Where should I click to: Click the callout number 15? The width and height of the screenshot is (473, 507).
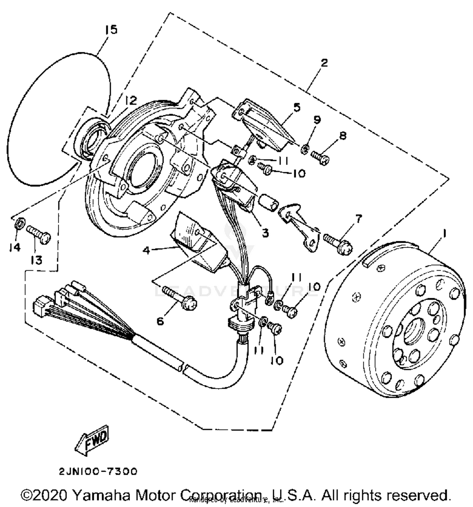pyautogui.click(x=111, y=30)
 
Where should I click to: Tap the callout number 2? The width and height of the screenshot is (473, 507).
pyautogui.click(x=324, y=62)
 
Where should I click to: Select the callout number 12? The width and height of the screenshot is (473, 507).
pyautogui.click(x=131, y=100)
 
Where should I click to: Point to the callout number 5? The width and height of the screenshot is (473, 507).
pyautogui.click(x=297, y=107)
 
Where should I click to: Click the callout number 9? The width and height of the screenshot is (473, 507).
pyautogui.click(x=317, y=120)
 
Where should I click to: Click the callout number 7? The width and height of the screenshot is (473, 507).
pyautogui.click(x=359, y=218)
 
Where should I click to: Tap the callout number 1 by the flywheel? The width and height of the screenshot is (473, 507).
pyautogui.click(x=445, y=234)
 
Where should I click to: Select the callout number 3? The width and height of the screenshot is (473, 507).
pyautogui.click(x=266, y=233)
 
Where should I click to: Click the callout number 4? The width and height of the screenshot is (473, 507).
pyautogui.click(x=146, y=250)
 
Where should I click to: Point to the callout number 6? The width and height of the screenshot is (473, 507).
pyautogui.click(x=160, y=321)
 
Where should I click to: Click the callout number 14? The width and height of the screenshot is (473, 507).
pyautogui.click(x=15, y=247)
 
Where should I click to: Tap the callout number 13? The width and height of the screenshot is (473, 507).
pyautogui.click(x=36, y=260)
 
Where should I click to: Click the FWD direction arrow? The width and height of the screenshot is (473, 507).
pyautogui.click(x=92, y=440)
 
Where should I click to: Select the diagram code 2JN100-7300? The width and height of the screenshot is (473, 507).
pyautogui.click(x=98, y=471)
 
